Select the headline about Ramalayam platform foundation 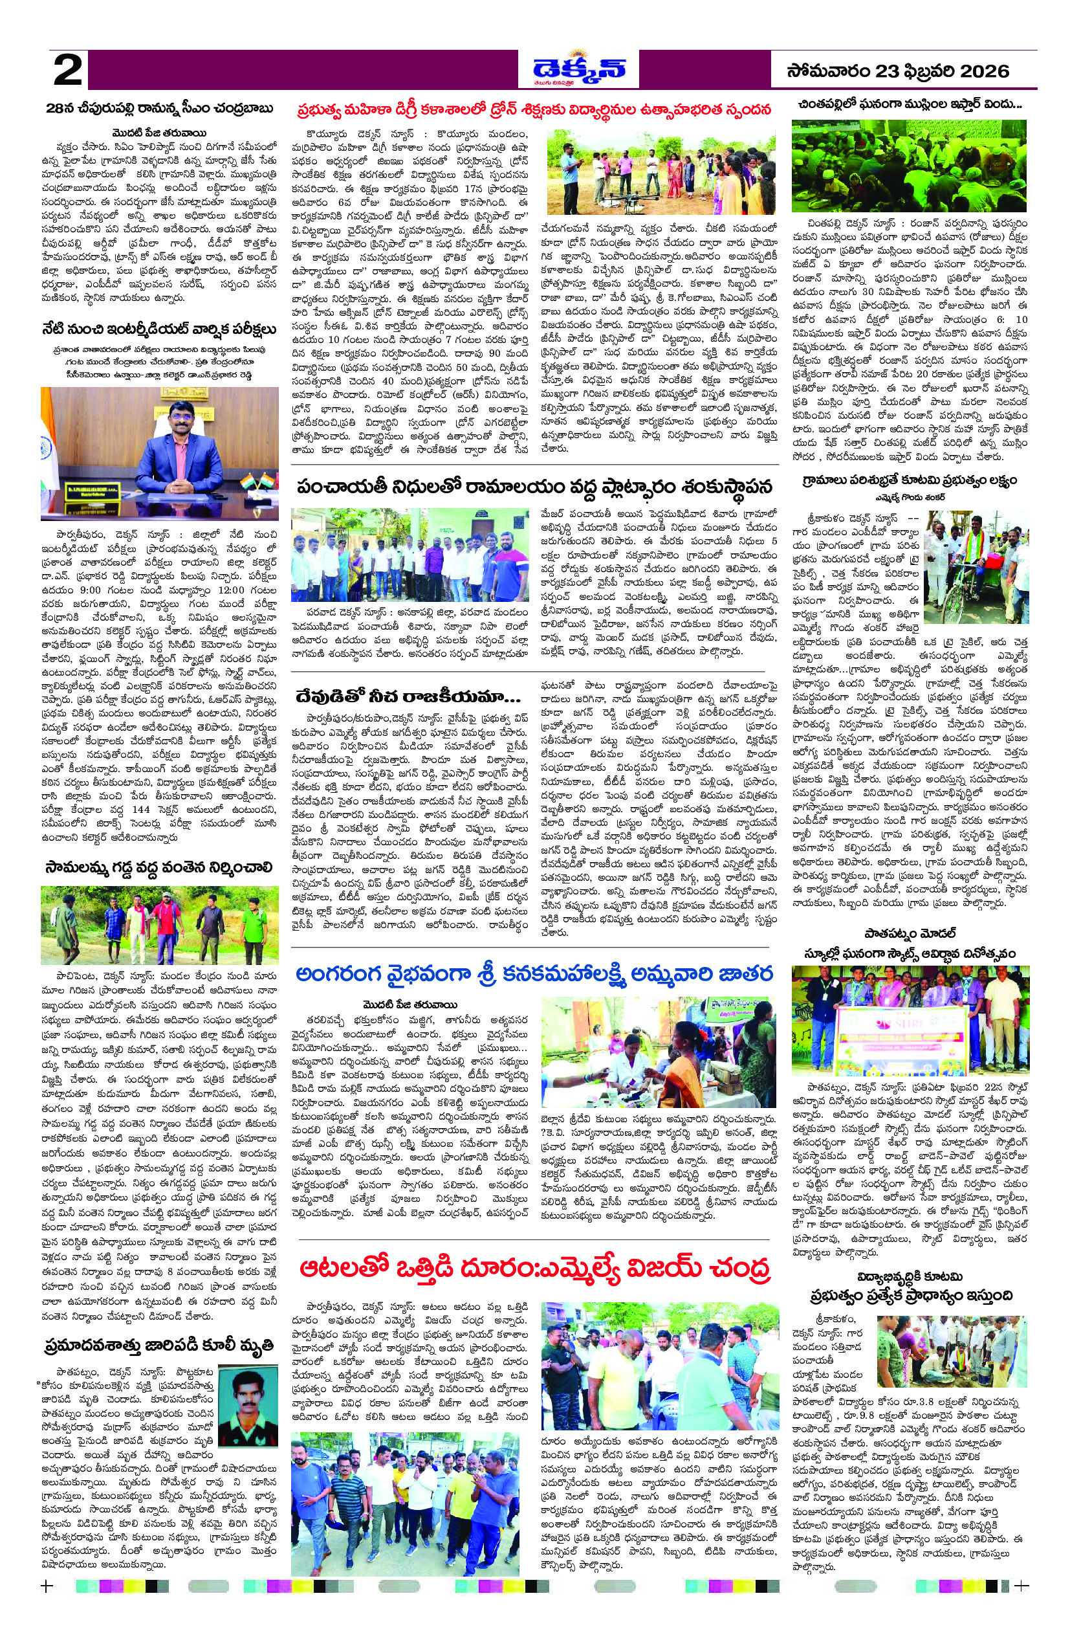coord(535,487)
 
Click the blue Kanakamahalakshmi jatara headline coord(535,973)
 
